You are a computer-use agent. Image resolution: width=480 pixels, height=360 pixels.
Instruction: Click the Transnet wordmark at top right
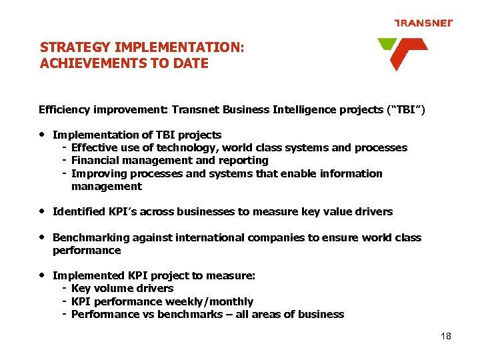click(423, 23)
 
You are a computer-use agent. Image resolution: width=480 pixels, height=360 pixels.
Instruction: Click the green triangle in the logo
click(387, 45)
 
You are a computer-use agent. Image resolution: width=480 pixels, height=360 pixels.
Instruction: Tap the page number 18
click(446, 336)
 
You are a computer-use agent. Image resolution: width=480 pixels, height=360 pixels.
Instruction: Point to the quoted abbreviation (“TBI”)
click(403, 109)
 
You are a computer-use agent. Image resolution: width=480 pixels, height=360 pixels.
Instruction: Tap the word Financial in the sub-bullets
click(94, 160)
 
